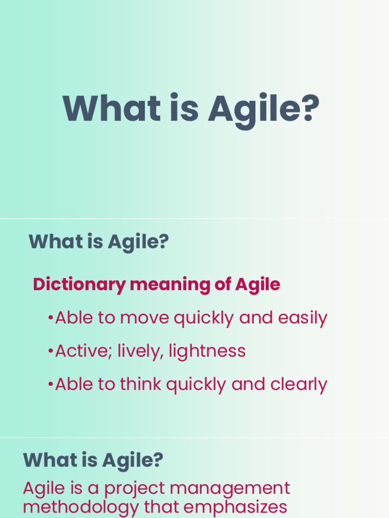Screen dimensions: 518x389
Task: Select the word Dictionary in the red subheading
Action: pyautogui.click(x=79, y=284)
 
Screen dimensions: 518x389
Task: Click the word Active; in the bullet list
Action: pyautogui.click(x=84, y=351)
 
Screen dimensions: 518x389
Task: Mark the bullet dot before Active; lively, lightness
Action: pyautogui.click(x=50, y=351)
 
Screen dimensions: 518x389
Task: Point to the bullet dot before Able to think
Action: pyautogui.click(x=50, y=384)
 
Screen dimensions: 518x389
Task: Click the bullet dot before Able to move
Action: pyautogui.click(x=50, y=318)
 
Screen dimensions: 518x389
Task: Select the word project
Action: pyautogui.click(x=134, y=489)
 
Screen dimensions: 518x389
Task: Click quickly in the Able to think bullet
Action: pyautogui.click(x=197, y=384)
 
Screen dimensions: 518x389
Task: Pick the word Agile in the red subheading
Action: pyautogui.click(x=257, y=284)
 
